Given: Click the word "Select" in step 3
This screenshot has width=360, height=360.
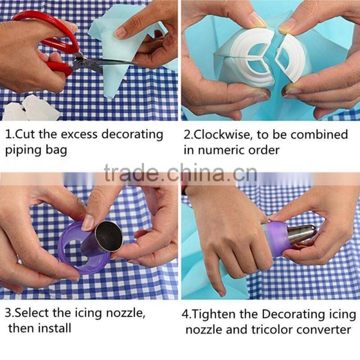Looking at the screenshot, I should (x=34, y=311).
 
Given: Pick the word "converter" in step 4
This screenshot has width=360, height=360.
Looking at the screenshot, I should (x=328, y=329).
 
